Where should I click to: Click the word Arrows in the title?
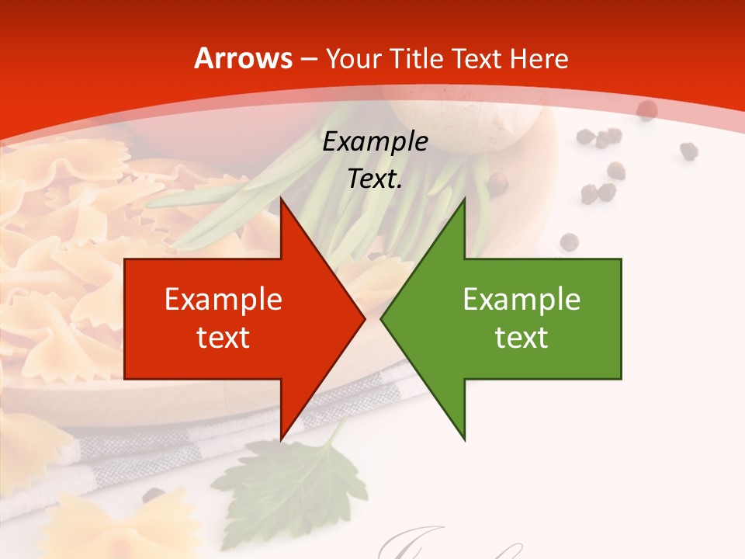[x=244, y=58]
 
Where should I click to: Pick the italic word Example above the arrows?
[x=375, y=141]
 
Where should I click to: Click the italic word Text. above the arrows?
[x=375, y=179]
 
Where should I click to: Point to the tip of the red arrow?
[x=364, y=318]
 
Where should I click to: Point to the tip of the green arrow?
[x=381, y=318]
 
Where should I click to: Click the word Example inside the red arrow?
[x=223, y=300]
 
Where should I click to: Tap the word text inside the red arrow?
[x=223, y=338]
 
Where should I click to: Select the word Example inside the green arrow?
[x=521, y=300]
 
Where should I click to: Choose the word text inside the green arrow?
[x=521, y=338]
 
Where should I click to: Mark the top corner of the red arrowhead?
[x=281, y=199]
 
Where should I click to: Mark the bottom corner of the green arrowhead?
[x=464, y=439]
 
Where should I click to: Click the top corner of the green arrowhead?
[x=464, y=199]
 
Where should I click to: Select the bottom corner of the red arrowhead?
[x=281, y=439]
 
